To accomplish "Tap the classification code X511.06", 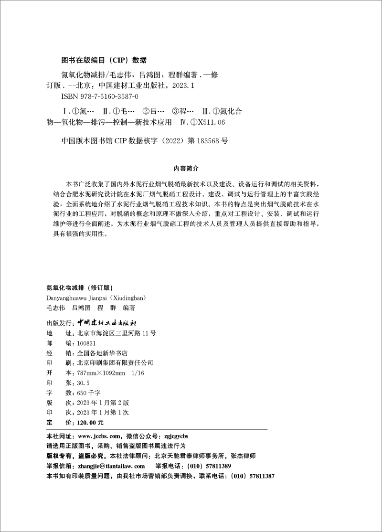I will click(x=210, y=123).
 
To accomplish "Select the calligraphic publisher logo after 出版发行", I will click(x=107, y=321).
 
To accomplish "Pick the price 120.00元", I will click(x=87, y=423).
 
